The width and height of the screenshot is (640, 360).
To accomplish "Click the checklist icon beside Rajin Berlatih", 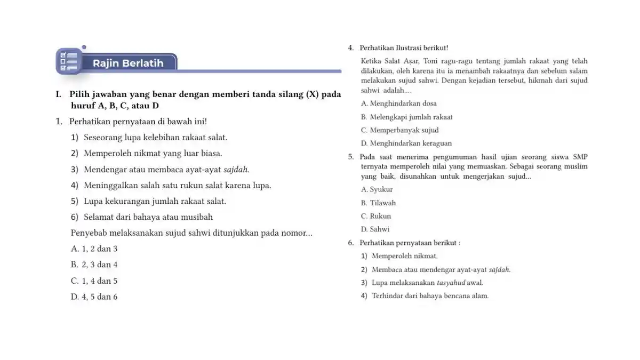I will tap(69, 61).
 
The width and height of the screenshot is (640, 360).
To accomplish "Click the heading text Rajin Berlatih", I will tap(128, 63).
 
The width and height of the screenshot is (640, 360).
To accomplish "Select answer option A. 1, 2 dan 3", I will tap(94, 249).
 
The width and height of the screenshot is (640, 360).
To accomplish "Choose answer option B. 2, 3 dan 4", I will tap(94, 265).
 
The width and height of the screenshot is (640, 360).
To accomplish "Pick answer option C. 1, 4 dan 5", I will tap(94, 281).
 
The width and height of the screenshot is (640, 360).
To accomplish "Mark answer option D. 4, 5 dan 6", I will tap(94, 297).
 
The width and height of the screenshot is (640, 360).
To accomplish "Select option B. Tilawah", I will tap(378, 203).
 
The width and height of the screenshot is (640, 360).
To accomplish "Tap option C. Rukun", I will tap(376, 216).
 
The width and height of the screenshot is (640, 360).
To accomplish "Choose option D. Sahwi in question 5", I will tap(375, 229).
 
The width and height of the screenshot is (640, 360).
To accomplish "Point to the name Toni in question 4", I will tap(430, 61).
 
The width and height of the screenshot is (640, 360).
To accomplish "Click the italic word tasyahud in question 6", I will tap(451, 283).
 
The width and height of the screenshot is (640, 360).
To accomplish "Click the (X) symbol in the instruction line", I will tap(311, 94).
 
